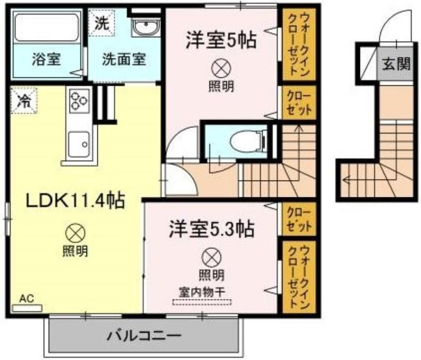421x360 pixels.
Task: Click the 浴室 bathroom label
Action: (46, 59)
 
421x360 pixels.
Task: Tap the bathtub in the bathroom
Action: (46, 28)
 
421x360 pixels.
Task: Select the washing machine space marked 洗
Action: (102, 23)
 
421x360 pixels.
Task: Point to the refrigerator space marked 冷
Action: (24, 100)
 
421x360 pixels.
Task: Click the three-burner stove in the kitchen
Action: (79, 101)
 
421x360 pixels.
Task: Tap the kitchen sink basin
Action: (78, 145)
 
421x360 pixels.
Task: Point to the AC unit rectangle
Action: (27, 308)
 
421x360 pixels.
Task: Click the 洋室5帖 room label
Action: (220, 41)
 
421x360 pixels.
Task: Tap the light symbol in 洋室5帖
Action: (221, 68)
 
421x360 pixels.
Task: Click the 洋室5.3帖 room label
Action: (212, 229)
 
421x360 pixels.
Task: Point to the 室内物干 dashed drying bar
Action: (202, 302)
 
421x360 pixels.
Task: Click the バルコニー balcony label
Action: (144, 336)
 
